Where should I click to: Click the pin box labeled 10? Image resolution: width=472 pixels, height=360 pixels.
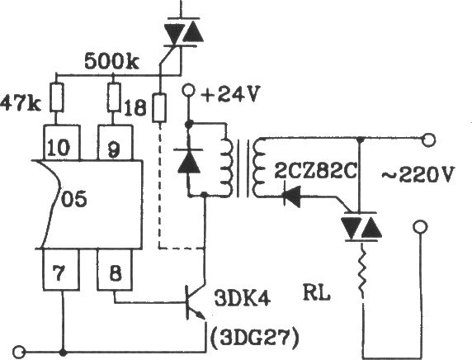(62, 143)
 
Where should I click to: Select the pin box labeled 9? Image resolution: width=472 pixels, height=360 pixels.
(116, 143)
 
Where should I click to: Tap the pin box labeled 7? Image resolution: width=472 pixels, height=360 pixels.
(61, 269)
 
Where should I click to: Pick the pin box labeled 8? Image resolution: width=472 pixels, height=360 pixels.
(115, 269)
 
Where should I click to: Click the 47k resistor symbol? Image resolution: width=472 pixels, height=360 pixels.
(57, 97)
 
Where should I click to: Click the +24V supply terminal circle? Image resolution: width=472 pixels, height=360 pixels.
(189, 90)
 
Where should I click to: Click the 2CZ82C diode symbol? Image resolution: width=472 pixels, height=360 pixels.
(291, 197)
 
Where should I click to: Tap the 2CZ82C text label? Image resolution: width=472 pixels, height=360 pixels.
(315, 172)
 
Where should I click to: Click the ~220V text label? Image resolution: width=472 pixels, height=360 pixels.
(417, 174)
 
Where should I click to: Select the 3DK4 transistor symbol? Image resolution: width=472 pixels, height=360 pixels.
(195, 302)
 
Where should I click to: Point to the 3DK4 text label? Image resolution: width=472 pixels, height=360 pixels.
(242, 298)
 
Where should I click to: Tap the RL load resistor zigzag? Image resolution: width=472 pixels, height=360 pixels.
(362, 272)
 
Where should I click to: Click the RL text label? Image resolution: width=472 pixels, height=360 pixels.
(317, 292)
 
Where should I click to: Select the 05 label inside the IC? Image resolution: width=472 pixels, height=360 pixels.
(74, 198)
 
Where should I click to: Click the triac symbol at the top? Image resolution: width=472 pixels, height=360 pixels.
(182, 32)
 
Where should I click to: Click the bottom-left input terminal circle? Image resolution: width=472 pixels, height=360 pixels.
(20, 353)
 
